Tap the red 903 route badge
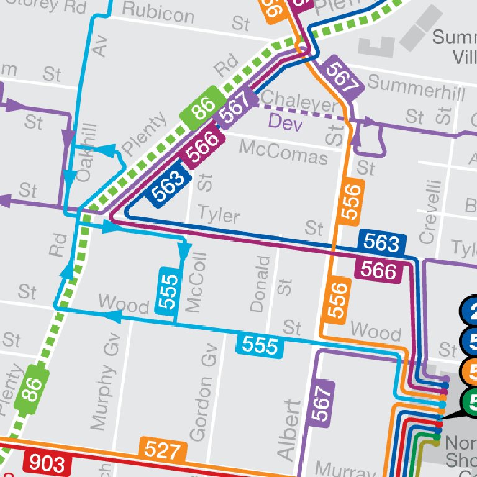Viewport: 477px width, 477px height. (x=43, y=463)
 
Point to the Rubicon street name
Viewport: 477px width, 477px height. (x=158, y=12)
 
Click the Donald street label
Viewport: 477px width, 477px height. (x=260, y=283)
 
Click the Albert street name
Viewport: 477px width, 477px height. (x=288, y=430)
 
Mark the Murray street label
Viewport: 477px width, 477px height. (x=338, y=468)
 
